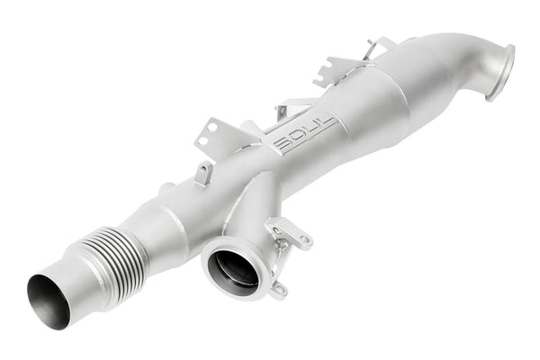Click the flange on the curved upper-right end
[499, 72]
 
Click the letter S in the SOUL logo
[282, 146]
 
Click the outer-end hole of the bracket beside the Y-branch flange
[304, 239]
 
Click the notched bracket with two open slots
[343, 67]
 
